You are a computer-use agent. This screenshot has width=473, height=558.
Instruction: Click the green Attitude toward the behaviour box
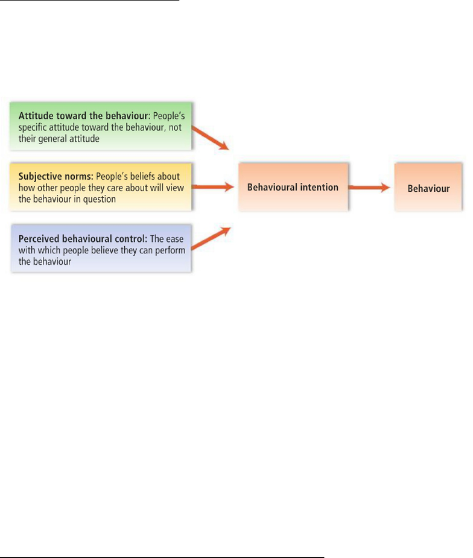[101, 126]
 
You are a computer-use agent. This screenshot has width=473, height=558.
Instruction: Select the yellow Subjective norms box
[101, 187]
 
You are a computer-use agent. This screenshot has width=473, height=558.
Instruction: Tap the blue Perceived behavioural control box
[101, 249]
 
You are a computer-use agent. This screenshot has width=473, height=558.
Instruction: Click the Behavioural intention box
[293, 187]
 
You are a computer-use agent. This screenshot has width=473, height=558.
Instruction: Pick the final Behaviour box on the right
[428, 187]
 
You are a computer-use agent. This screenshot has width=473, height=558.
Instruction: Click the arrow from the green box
[210, 138]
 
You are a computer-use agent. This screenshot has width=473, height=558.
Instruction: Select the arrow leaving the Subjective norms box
[212, 187]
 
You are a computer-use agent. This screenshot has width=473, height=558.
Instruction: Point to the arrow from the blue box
[211, 238]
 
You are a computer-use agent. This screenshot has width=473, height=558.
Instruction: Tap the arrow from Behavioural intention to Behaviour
[369, 187]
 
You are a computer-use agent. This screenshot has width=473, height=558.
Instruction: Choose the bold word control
[131, 238]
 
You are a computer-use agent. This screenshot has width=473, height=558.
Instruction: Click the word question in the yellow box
[100, 200]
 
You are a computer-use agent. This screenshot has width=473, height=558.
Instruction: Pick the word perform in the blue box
[170, 251]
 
